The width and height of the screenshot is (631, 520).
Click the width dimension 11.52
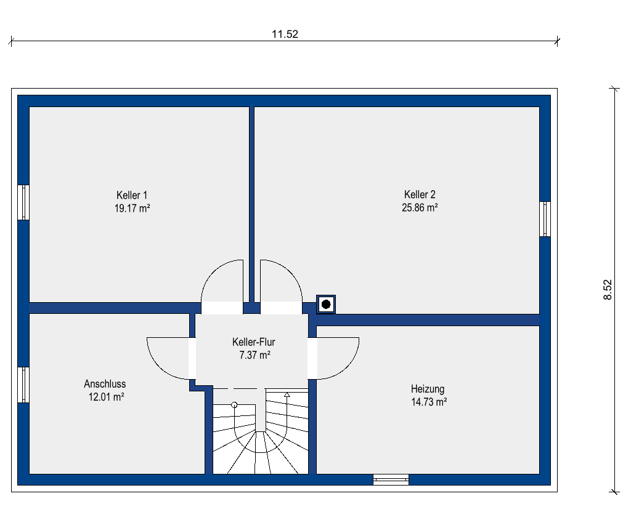pos(285,34)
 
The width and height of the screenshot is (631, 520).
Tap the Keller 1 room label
pos(132,195)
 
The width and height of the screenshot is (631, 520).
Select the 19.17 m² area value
pos(132,208)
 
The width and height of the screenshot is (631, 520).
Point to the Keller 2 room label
pos(420,194)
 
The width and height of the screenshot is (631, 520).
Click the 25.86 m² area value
pos(420,207)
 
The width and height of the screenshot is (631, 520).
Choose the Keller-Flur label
pos(253,342)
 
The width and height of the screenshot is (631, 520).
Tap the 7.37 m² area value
pos(254,355)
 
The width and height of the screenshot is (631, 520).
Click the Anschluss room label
pos(105,384)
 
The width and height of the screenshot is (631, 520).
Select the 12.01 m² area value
pos(106,397)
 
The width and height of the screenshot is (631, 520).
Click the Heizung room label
pos(428,389)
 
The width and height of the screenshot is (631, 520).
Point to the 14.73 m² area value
pos(429,402)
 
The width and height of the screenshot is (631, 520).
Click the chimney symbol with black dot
pos(326,304)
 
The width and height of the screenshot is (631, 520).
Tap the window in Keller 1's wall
pos(23,202)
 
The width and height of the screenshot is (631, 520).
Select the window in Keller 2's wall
pos(545,219)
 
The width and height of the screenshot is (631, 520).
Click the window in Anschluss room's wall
pos(23,385)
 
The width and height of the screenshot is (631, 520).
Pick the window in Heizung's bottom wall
pos(391,479)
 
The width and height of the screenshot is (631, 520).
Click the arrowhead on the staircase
pos(287,395)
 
